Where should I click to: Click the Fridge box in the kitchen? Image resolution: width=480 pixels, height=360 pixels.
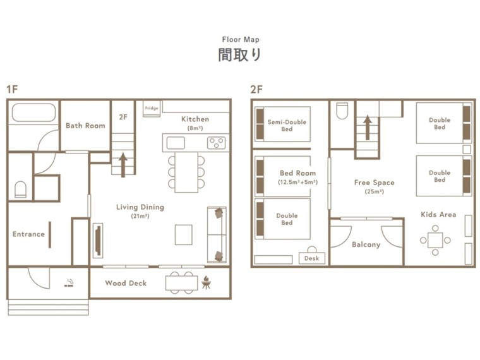tap(152, 109)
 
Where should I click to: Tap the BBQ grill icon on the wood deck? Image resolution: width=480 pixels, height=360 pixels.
tap(206, 282)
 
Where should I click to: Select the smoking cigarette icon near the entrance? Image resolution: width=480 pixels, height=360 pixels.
tap(69, 283)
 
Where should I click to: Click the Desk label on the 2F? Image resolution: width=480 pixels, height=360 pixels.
tap(311, 258)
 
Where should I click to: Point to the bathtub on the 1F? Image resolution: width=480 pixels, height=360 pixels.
tap(33, 112)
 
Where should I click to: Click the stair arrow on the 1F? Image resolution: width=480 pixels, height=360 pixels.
tap(123, 165)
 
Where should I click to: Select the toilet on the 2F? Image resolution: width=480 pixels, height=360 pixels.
tap(342, 111)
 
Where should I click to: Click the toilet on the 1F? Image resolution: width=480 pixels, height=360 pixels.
tap(20, 189)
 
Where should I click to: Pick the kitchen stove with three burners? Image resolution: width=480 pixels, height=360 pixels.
tap(217, 143)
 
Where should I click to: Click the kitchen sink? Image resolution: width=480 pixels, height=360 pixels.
tap(176, 143)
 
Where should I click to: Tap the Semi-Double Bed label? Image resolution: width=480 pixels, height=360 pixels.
tap(287, 126)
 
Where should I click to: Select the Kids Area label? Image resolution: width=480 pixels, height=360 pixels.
tap(438, 215)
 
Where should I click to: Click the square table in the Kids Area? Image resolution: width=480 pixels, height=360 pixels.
tap(435, 240)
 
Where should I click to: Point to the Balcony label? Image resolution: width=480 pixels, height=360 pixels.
tap(366, 244)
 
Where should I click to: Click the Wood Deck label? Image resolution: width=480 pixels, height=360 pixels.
tap(126, 283)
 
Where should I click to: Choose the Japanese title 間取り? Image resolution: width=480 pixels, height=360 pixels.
tap(240, 55)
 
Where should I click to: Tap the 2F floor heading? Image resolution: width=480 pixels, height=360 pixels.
tap(256, 90)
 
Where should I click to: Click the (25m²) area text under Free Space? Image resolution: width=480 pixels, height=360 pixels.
tap(374, 191)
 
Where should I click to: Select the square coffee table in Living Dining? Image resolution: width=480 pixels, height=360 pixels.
tap(184, 235)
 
